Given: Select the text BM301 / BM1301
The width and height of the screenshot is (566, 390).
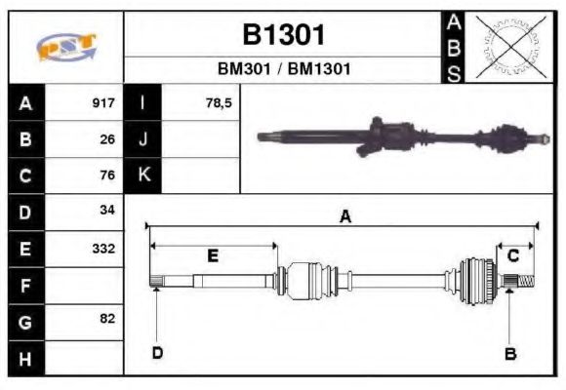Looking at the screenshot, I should pyautogui.click(x=283, y=70).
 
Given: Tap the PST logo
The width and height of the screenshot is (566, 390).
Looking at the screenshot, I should pyautogui.click(x=66, y=48).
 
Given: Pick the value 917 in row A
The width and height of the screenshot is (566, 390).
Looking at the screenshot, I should pyautogui.click(x=103, y=102).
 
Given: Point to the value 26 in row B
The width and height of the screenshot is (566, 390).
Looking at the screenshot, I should pyautogui.click(x=107, y=139).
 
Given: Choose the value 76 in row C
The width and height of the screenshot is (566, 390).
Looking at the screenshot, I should pyautogui.click(x=107, y=175).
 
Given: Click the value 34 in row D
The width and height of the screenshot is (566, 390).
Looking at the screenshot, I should pyautogui.click(x=107, y=211).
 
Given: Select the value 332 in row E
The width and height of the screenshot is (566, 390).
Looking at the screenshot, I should pyautogui.click(x=103, y=248).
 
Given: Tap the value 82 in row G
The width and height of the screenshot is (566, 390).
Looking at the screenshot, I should pyautogui.click(x=107, y=319).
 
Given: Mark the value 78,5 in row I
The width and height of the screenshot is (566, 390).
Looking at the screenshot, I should pyautogui.click(x=219, y=102).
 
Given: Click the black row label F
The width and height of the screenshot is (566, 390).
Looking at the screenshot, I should pyautogui.click(x=25, y=286).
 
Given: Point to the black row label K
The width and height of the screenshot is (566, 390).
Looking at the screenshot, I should pyautogui.click(x=143, y=175).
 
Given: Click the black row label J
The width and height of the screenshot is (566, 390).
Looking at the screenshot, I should pyautogui.click(x=143, y=139).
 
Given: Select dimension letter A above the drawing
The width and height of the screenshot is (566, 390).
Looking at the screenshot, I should pyautogui.click(x=344, y=217).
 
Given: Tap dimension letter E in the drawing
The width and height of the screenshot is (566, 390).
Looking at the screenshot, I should pyautogui.click(x=212, y=255).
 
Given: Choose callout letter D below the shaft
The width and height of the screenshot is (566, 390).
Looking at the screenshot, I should pyautogui.click(x=157, y=352).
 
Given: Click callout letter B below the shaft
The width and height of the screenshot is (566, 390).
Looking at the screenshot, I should pyautogui.click(x=509, y=353).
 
